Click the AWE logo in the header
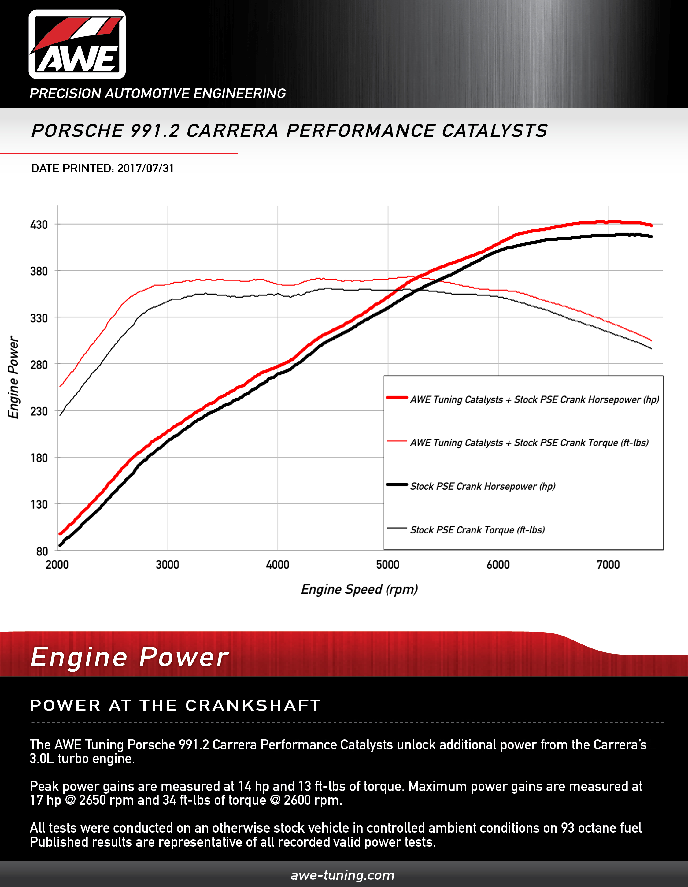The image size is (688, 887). tap(77, 45)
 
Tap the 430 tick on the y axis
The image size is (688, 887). tap(39, 225)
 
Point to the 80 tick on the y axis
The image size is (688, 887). tap(42, 551)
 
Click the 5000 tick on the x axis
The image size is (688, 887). tap(388, 565)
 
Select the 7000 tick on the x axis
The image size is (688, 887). tap(608, 565)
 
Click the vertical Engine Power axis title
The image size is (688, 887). tap(13, 377)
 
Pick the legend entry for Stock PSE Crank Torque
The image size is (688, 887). tap(477, 530)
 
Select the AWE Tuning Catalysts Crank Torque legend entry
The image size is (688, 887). tap(529, 443)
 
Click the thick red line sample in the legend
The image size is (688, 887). tap(397, 398)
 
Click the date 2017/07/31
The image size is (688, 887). tap(146, 169)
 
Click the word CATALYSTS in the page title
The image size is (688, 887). tap(494, 131)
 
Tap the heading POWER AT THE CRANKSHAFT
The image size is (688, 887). tap(176, 705)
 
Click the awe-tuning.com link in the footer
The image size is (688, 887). tap(342, 875)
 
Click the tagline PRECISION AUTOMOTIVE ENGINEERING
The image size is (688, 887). tap(157, 93)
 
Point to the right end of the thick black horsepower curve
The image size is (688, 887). tap(651, 236)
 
